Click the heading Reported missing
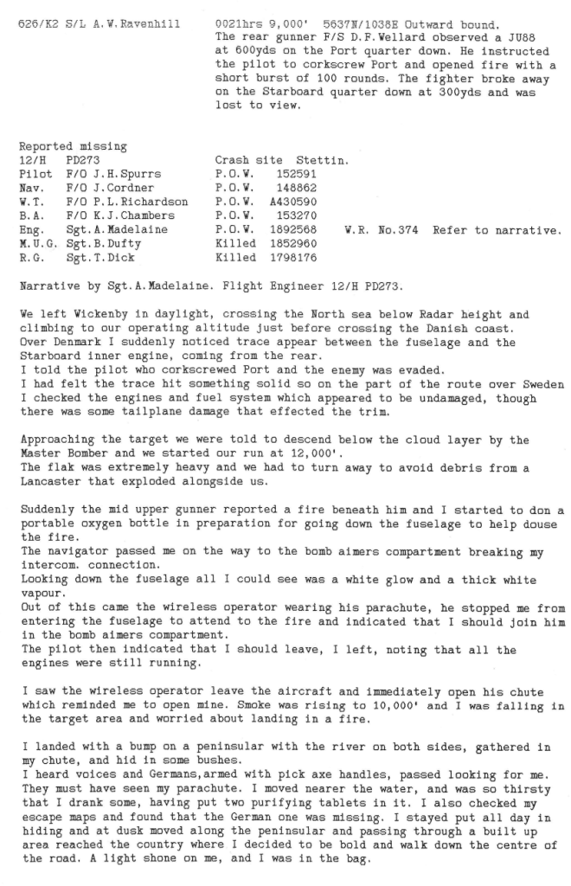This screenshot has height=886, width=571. (x=73, y=147)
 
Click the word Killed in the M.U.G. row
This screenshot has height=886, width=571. (x=235, y=242)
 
